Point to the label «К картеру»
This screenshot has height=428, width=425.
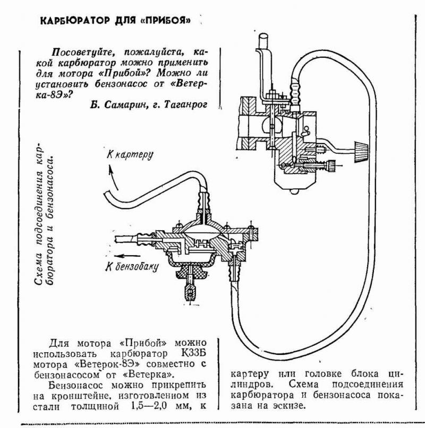pyautogui.click(x=130, y=155)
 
